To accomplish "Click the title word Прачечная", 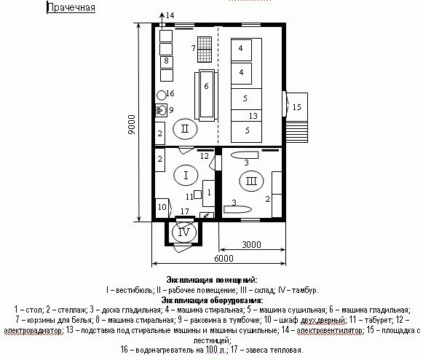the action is click(71, 7).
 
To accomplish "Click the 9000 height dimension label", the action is click(131, 124).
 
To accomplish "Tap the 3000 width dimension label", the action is click(251, 244).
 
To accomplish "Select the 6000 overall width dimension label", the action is click(224, 259).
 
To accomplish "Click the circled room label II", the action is click(185, 129).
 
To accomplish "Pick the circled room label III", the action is click(251, 181).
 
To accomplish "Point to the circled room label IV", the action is click(184, 232).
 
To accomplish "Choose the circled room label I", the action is click(186, 176).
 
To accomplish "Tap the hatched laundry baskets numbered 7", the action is click(205, 49).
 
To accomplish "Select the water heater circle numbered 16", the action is click(162, 95).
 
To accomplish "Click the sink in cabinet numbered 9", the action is click(161, 110).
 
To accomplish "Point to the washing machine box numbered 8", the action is click(167, 62).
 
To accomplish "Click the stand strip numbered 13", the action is click(246, 116).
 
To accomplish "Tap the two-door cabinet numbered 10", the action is click(162, 208).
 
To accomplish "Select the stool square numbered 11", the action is click(197, 195).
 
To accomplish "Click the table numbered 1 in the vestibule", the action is click(209, 193).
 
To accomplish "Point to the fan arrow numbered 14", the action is click(162, 19).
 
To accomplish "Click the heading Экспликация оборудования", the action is click(212, 300).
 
